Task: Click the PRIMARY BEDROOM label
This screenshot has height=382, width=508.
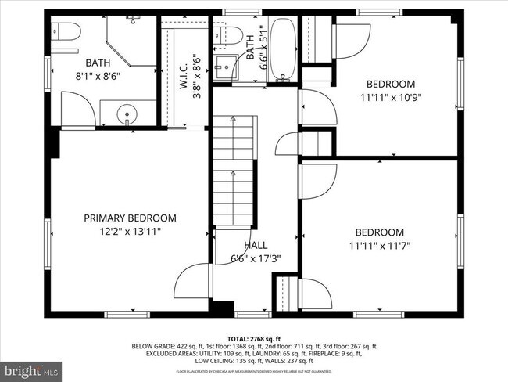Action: click(130, 218)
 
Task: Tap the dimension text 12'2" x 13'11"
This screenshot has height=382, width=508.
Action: click(130, 232)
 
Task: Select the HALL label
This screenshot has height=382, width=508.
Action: click(256, 244)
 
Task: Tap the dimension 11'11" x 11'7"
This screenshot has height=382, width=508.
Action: click(379, 245)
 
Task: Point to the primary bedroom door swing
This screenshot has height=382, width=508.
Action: click(192, 286)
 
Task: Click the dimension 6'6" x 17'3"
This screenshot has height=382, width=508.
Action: click(256, 258)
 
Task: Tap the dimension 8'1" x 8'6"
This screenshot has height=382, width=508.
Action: click(98, 77)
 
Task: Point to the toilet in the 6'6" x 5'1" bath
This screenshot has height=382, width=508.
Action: click(232, 34)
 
